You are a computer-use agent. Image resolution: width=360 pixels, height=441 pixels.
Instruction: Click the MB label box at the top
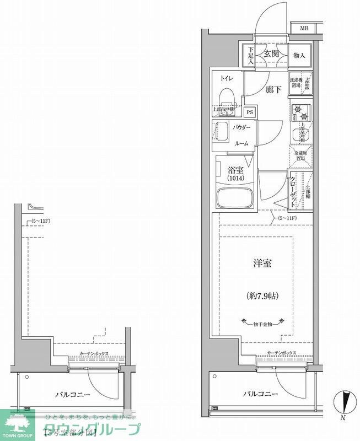click(304, 28)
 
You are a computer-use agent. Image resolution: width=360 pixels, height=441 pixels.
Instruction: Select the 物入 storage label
click(299, 55)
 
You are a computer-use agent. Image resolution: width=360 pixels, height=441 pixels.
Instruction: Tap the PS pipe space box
click(250, 113)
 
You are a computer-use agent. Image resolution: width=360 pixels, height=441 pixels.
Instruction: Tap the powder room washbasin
click(223, 132)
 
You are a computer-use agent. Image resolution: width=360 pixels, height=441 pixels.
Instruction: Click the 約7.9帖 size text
click(262, 295)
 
